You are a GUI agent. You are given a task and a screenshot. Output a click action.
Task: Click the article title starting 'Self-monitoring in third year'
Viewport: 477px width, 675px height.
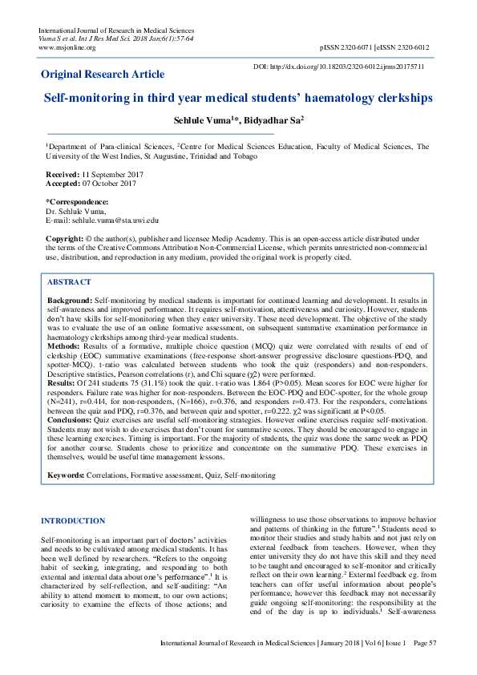click(x=238, y=98)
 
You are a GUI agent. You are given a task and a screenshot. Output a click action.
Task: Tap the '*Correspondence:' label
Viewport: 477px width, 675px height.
click(x=77, y=202)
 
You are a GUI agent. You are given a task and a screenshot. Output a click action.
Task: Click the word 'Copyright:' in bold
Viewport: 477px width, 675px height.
click(x=63, y=239)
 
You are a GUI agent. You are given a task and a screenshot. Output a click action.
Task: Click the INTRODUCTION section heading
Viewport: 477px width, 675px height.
click(x=73, y=521)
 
